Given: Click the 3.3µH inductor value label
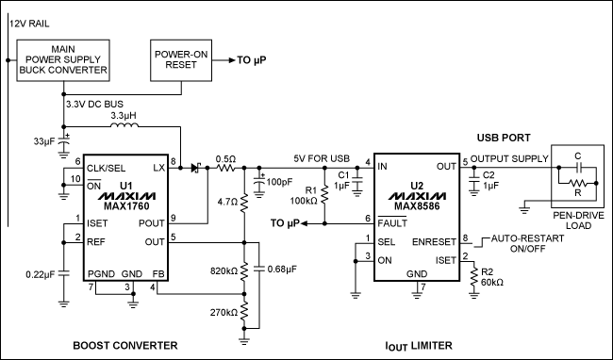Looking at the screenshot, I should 124,116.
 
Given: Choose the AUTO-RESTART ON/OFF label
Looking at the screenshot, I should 523,247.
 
